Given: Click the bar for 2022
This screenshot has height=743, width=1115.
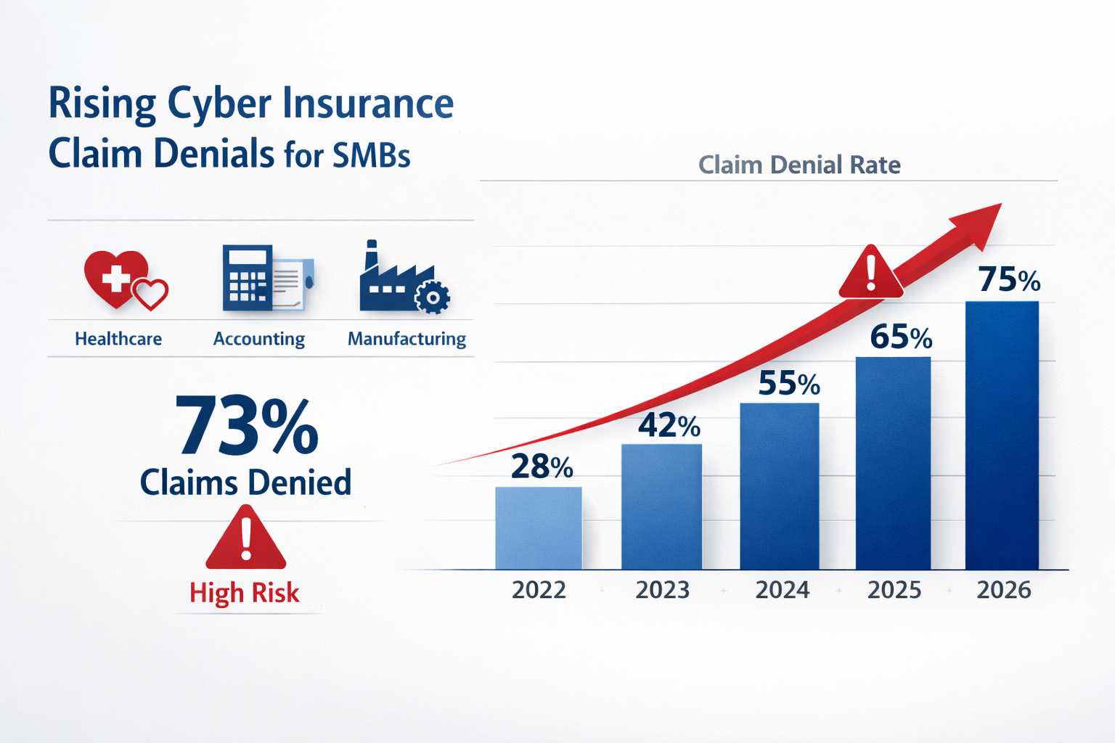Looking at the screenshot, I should click(x=539, y=528).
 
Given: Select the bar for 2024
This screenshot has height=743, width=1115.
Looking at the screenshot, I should click(x=780, y=486).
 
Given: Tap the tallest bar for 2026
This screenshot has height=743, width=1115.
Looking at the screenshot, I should click(x=1002, y=435).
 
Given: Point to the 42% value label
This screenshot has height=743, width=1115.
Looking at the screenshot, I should click(x=669, y=425).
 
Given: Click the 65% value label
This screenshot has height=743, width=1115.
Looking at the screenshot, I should click(x=901, y=337).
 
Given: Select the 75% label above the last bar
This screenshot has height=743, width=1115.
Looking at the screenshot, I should click(x=1009, y=280).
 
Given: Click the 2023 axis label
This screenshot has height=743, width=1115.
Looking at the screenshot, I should click(x=662, y=590).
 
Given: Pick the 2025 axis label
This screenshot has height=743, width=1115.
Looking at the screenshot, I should click(x=894, y=590).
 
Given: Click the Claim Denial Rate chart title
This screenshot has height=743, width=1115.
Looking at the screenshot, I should click(x=799, y=165).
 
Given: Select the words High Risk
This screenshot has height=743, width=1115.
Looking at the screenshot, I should click(x=245, y=593).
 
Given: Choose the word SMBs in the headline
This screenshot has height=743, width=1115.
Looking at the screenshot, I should click(x=372, y=155).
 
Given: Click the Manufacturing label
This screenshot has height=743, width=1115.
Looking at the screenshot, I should click(x=407, y=339).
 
